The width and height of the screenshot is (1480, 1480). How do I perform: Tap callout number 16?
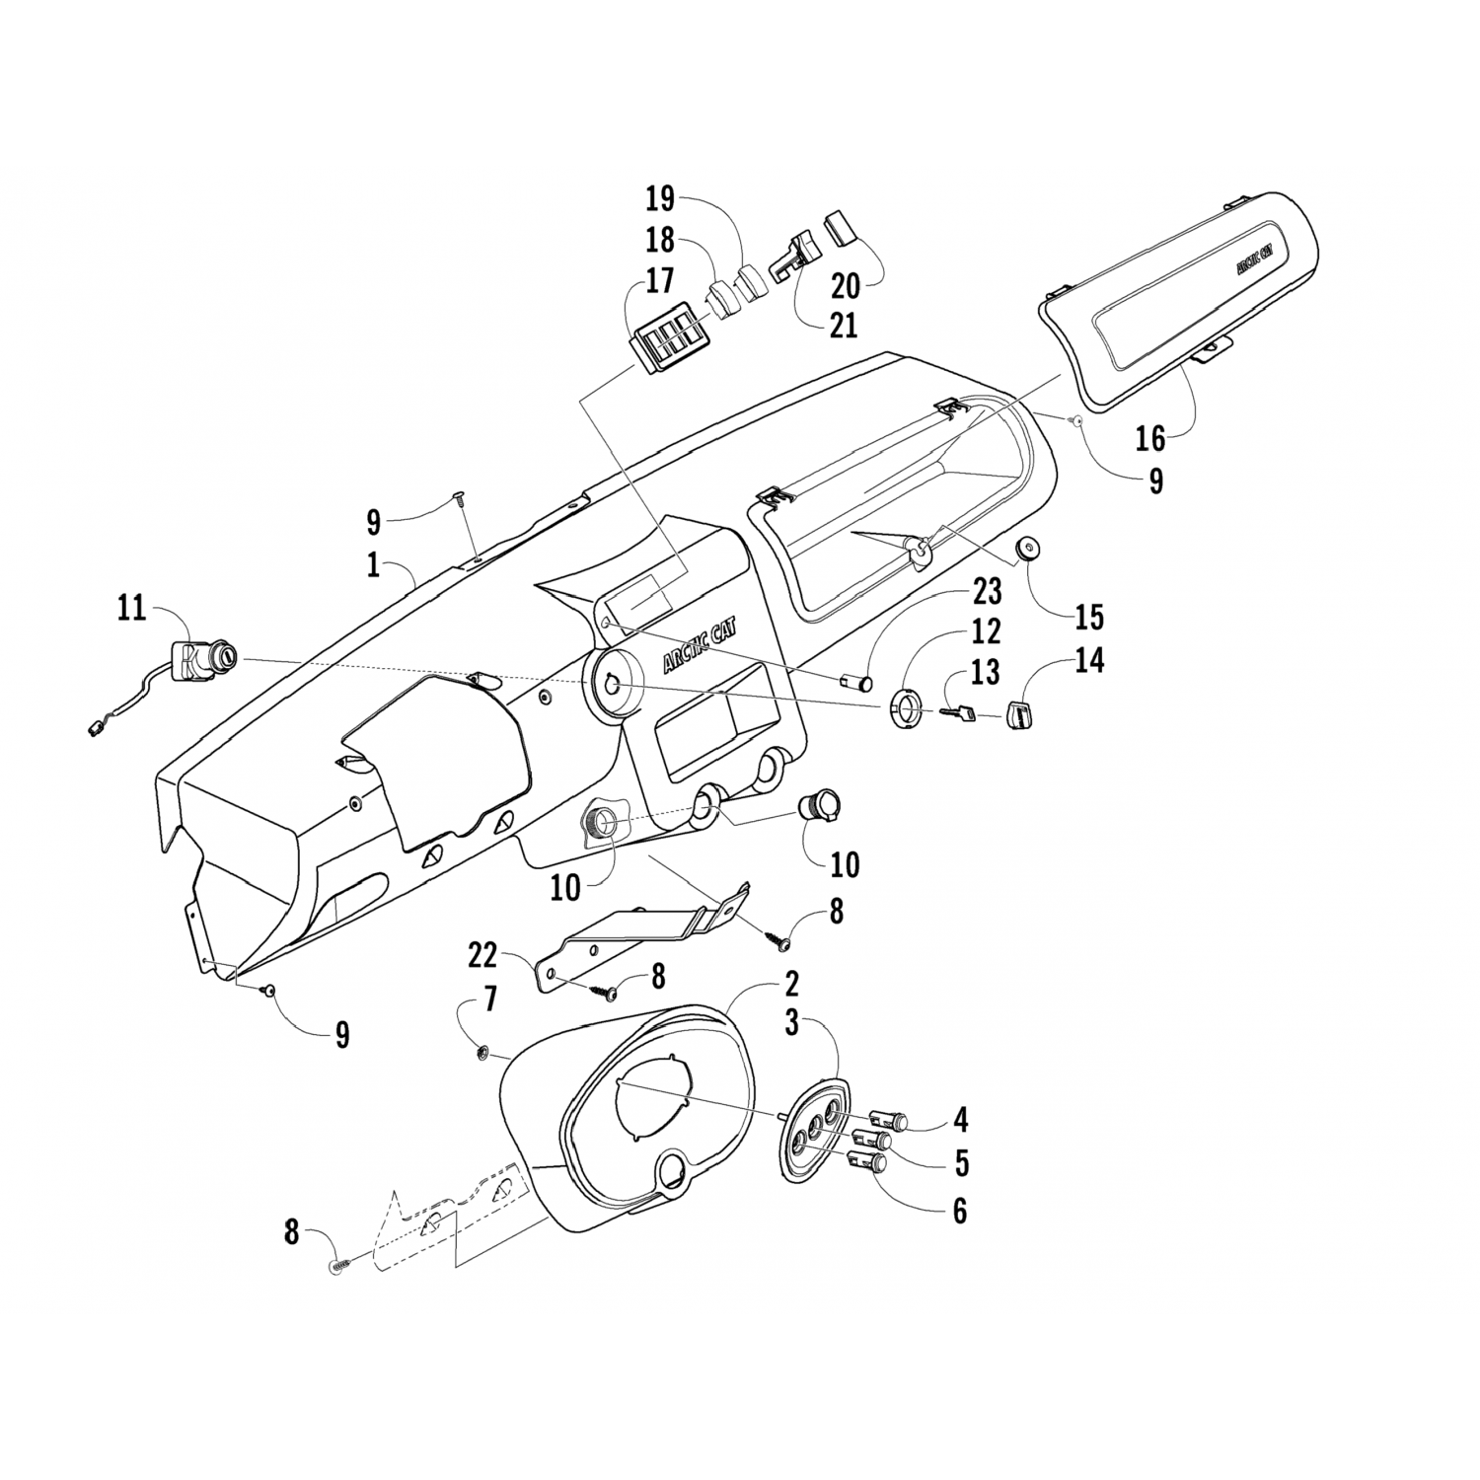[1149, 437]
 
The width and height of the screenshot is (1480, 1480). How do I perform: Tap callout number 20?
[845, 286]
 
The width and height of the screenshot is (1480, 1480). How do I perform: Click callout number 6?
[959, 1210]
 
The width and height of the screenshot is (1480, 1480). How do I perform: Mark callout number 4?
[960, 1119]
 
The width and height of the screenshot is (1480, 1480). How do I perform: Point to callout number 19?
[660, 198]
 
